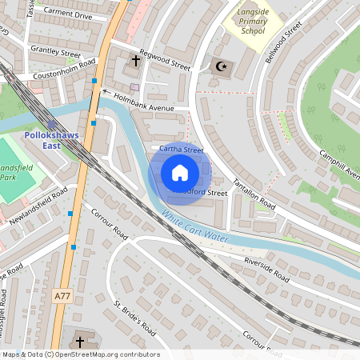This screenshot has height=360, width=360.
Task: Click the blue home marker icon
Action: (x=180, y=173)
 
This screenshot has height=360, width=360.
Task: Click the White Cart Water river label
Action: (x=194, y=226)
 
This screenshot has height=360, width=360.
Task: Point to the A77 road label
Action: (x=62, y=296)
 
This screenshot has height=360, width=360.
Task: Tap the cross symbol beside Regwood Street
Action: (x=136, y=61)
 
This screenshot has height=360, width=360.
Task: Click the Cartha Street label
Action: (x=181, y=150)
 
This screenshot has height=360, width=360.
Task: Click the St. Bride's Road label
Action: (x=134, y=317)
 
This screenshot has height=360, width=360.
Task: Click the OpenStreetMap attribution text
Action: (x=81, y=354)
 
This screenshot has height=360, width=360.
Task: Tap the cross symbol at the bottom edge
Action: (x=80, y=341)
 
